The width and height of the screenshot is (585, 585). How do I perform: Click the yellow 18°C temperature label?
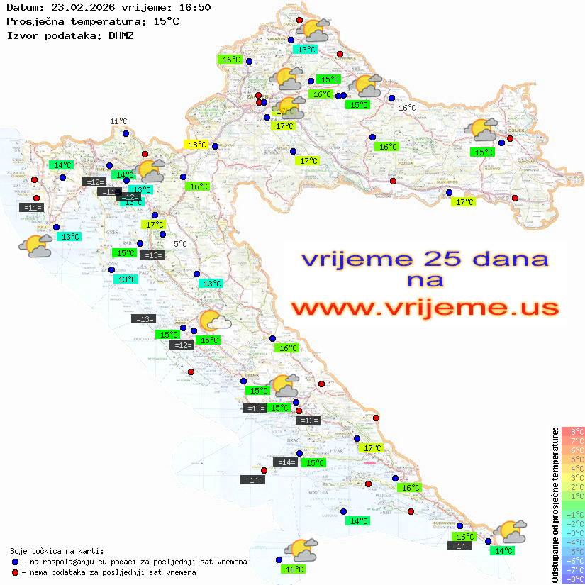196,145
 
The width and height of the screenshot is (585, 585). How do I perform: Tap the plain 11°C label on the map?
118,122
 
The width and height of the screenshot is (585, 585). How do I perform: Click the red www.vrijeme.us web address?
425,308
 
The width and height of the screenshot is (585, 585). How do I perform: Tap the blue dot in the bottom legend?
15,562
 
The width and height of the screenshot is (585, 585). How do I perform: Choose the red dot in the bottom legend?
15,572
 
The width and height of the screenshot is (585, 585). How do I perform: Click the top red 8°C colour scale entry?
573,432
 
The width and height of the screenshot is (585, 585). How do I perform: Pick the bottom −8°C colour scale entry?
573,579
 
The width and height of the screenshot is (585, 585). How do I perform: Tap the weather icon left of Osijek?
481,130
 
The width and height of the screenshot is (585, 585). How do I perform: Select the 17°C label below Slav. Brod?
464,202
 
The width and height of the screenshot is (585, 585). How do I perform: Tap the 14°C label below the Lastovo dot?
360,520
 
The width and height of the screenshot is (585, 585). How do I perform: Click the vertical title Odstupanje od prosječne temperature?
554,504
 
